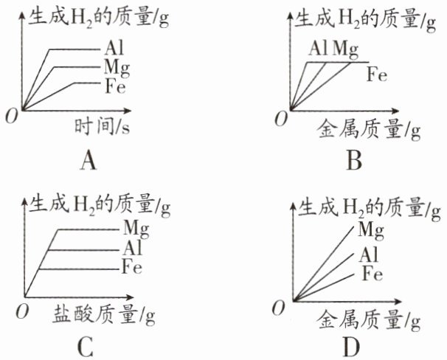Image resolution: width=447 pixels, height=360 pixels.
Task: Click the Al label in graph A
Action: tap(114, 48)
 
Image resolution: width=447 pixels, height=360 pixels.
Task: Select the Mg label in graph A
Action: tap(117, 68)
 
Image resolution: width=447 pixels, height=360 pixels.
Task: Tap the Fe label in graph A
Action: tap(115, 86)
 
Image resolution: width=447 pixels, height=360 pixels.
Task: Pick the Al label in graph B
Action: tap(319, 48)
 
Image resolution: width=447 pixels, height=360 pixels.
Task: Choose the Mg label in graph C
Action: tap(136, 229)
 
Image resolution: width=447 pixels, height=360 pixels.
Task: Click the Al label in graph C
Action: tap(132, 248)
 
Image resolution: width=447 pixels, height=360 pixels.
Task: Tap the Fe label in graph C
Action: tap(132, 266)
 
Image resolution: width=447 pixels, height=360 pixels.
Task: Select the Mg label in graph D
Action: tap(371, 229)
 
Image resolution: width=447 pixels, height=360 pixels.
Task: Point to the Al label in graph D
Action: tap(368, 255)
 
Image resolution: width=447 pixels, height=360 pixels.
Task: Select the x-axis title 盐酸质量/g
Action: tap(104, 315)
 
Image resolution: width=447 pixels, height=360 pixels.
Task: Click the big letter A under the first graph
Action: tap(89, 161)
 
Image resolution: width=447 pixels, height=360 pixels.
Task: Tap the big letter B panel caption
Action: tap(354, 161)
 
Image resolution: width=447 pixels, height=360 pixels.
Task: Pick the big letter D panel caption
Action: tap(351, 347)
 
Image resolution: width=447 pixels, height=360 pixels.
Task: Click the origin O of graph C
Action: tap(22, 311)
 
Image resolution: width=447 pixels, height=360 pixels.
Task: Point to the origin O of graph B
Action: tap(281, 119)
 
